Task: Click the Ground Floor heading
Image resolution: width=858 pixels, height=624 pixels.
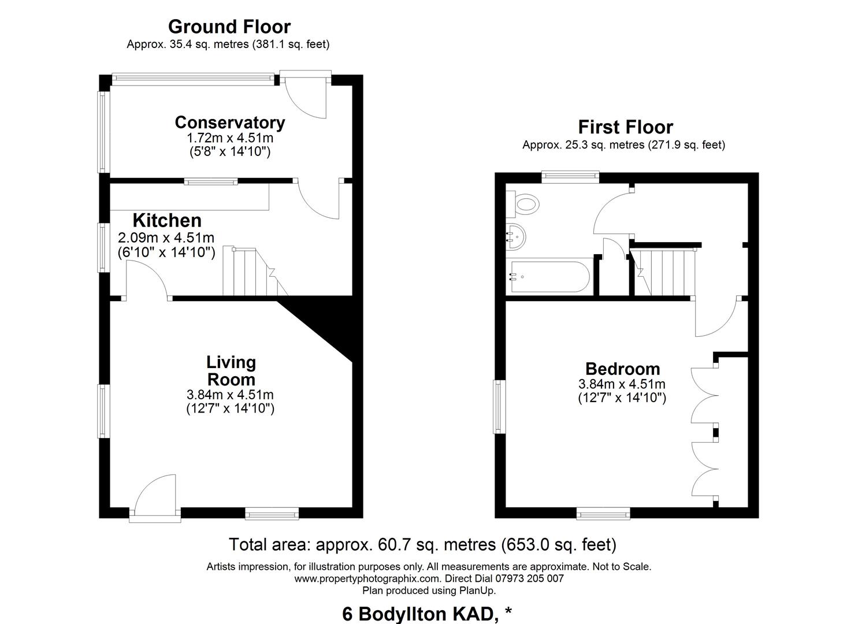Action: coord(229,27)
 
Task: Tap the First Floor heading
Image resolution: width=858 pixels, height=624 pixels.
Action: coord(626,127)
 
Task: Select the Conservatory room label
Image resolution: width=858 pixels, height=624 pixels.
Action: coord(230,122)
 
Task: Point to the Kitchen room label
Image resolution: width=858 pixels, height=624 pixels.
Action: coord(167,221)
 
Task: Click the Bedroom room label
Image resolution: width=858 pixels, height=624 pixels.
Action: coord(623,369)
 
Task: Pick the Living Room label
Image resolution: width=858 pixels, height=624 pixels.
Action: coord(231,371)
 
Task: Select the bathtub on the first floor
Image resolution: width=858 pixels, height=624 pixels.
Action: coord(548,277)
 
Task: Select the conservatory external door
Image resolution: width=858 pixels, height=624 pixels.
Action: coord(305,94)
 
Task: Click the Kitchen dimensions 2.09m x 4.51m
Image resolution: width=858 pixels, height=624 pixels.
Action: coord(166,238)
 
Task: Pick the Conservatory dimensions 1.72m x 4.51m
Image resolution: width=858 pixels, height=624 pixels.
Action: coord(230,138)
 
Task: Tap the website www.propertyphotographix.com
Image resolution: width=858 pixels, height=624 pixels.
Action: coord(368,579)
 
